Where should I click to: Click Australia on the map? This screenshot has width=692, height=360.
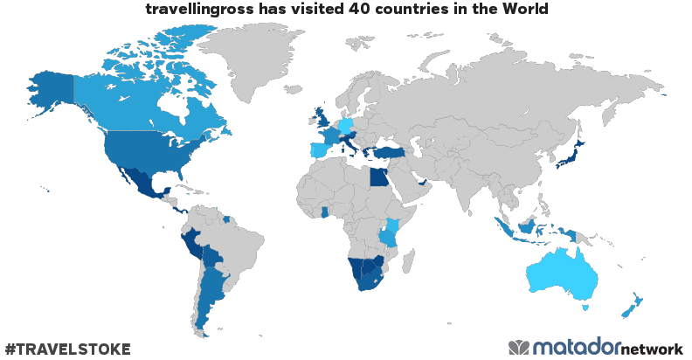point(564,273)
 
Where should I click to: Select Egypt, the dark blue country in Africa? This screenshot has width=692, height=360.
point(378,177)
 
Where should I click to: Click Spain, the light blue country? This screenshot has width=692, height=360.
point(321,149)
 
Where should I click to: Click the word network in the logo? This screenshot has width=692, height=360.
point(652,349)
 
